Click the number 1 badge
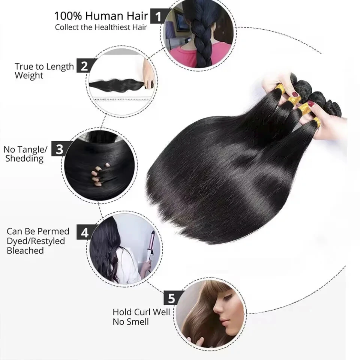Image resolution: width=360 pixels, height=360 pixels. tap(158, 16)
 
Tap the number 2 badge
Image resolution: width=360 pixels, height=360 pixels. tap(84, 66)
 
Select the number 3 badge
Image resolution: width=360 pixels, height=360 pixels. tap(59, 149)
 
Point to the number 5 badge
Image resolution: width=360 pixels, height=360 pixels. tap(171, 298)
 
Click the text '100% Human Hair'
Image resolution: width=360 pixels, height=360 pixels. tap(101, 16)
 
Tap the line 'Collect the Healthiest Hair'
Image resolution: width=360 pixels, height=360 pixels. tap(101, 27)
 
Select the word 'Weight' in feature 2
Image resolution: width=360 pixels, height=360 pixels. tap(29, 76)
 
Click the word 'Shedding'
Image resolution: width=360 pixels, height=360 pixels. tap(24, 159)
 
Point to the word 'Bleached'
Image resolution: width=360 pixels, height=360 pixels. tap(25, 250)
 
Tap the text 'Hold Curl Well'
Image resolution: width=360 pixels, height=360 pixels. tap(141, 312)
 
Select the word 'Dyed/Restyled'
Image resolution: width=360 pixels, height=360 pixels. tap(36, 241)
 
